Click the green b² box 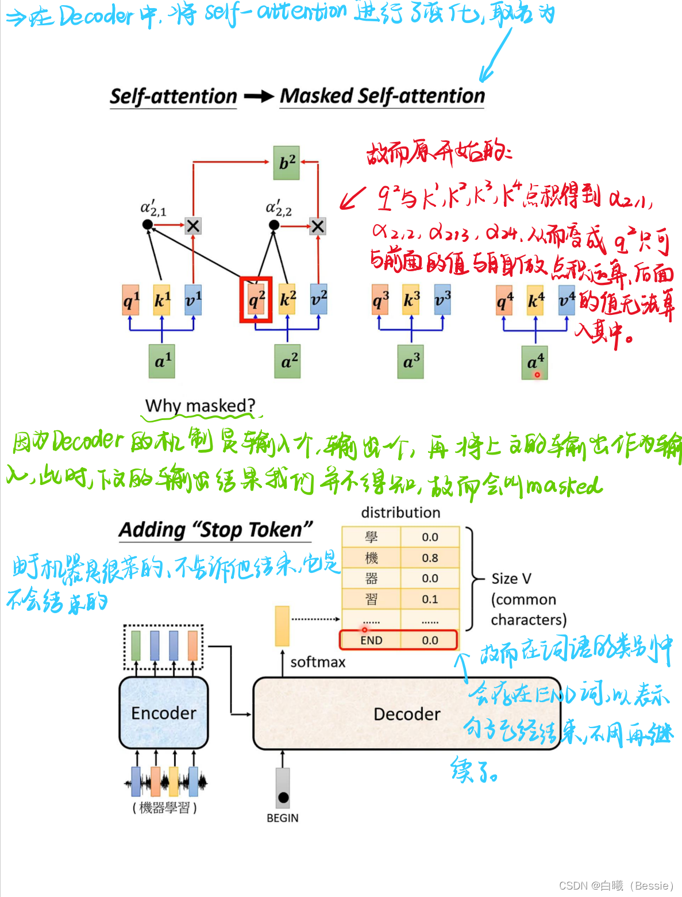(x=286, y=163)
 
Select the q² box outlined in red (x=256, y=299)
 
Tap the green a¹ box (x=161, y=361)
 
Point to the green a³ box (x=410, y=361)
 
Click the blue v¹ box (x=193, y=299)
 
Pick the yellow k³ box (x=411, y=299)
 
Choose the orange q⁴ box (x=504, y=301)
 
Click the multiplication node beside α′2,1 (x=193, y=226)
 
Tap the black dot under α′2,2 (x=274, y=225)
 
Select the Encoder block (x=164, y=713)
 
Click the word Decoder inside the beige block (x=407, y=714)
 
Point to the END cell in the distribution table (x=371, y=640)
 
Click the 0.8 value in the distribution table (x=430, y=558)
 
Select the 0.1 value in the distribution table (x=430, y=599)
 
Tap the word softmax (x=318, y=663)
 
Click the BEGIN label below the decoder (x=282, y=818)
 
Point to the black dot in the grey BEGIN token (x=283, y=798)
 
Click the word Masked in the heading (x=316, y=96)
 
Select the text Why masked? (x=200, y=406)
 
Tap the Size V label (x=511, y=579)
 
